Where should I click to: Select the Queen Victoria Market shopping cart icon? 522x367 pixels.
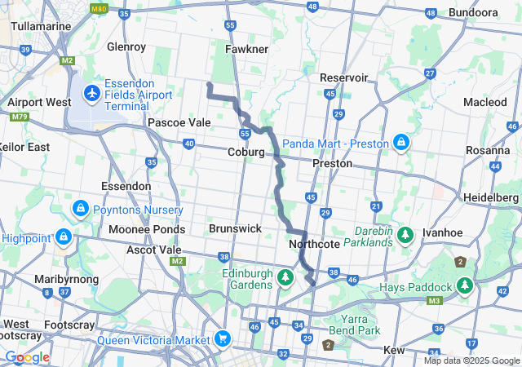[222, 338]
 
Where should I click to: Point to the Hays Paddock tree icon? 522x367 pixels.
[465, 286]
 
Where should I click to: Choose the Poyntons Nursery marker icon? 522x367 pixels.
[81, 209]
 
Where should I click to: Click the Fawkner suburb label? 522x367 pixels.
[246, 50]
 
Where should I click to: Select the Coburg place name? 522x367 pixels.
[246, 153]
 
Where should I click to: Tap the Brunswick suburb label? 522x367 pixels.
[235, 229]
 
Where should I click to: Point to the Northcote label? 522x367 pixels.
[314, 244]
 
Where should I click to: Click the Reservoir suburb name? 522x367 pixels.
[344, 77]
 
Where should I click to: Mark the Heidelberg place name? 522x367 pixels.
[491, 198]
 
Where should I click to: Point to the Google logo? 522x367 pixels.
[27, 357]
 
